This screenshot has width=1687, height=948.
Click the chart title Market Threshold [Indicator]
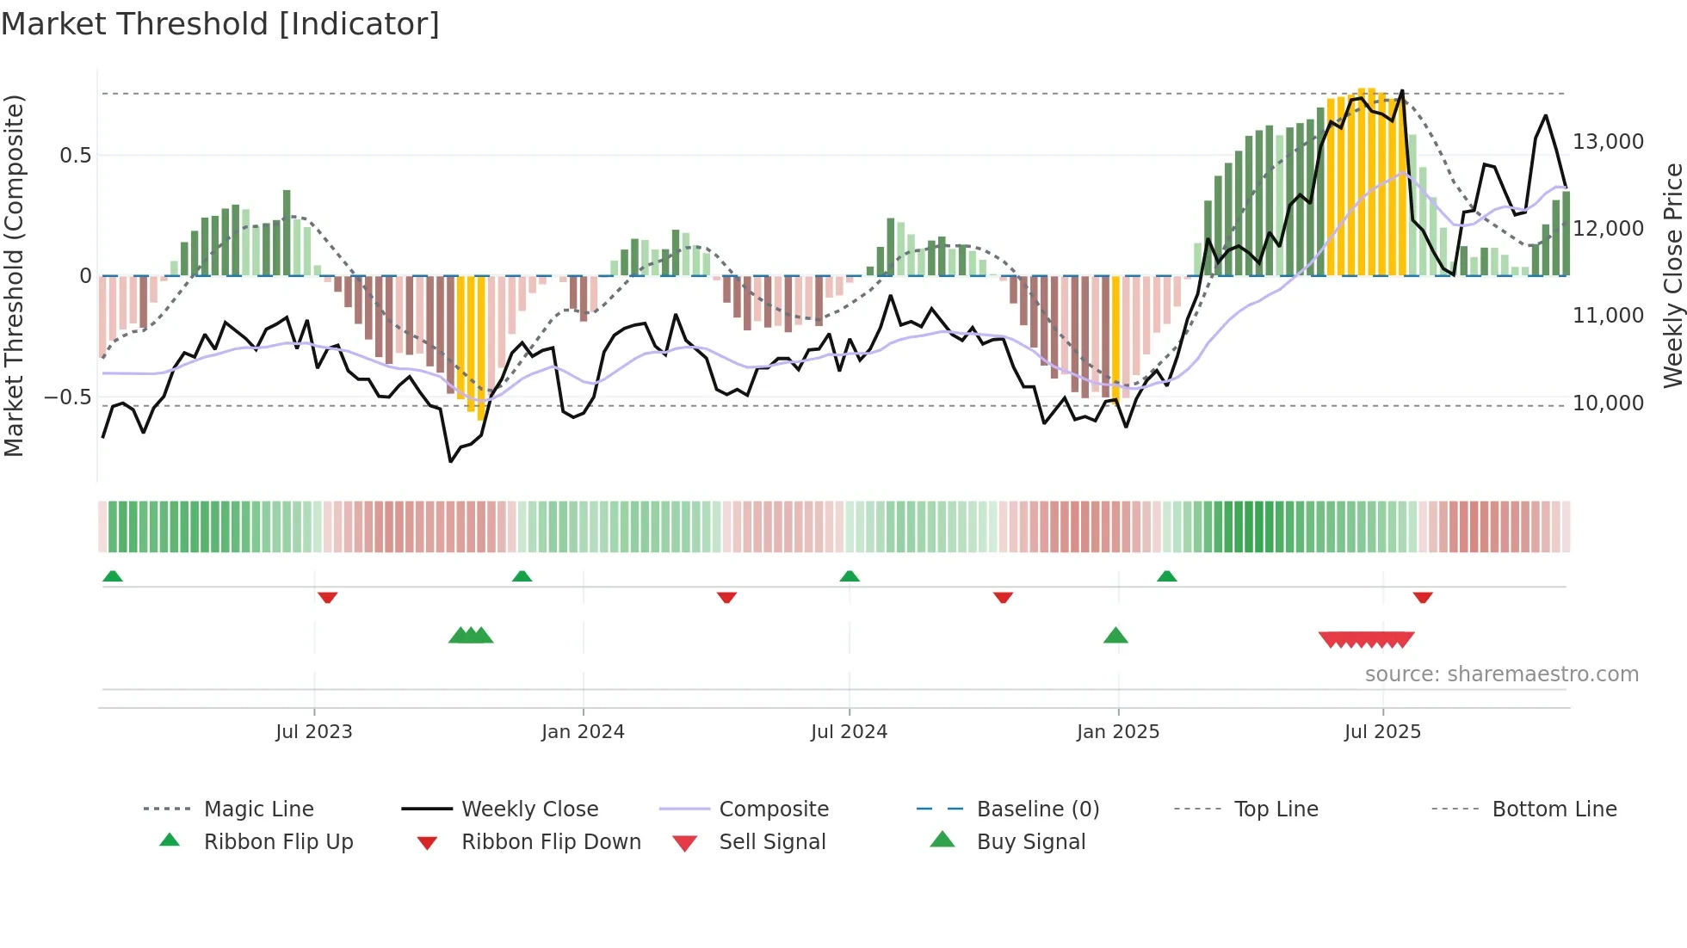(x=220, y=24)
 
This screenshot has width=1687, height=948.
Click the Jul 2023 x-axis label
(x=313, y=732)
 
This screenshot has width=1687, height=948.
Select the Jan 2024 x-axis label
(x=583, y=732)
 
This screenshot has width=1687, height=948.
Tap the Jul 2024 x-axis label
(x=849, y=732)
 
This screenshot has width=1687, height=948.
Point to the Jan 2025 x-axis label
(x=1118, y=732)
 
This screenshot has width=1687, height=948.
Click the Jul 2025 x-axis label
(x=1382, y=732)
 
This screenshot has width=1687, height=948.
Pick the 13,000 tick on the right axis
(x=1608, y=142)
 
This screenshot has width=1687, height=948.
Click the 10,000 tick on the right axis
(x=1608, y=403)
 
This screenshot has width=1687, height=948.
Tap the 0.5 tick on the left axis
(x=75, y=156)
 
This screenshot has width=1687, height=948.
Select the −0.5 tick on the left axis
(x=68, y=397)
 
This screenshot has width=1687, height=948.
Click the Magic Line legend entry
(x=258, y=809)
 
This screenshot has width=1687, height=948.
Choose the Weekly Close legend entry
(x=529, y=809)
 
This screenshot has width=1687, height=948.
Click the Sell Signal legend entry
(x=772, y=842)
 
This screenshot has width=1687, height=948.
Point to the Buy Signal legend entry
(x=1030, y=842)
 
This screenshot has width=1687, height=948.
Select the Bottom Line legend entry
(x=1554, y=809)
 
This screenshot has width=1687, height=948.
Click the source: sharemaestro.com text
(x=1501, y=674)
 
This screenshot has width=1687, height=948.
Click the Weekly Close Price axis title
(x=1672, y=275)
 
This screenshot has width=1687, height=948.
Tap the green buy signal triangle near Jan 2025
(x=1115, y=636)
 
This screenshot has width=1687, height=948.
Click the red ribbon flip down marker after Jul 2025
(x=1422, y=597)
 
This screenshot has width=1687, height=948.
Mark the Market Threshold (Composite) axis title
(x=15, y=275)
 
